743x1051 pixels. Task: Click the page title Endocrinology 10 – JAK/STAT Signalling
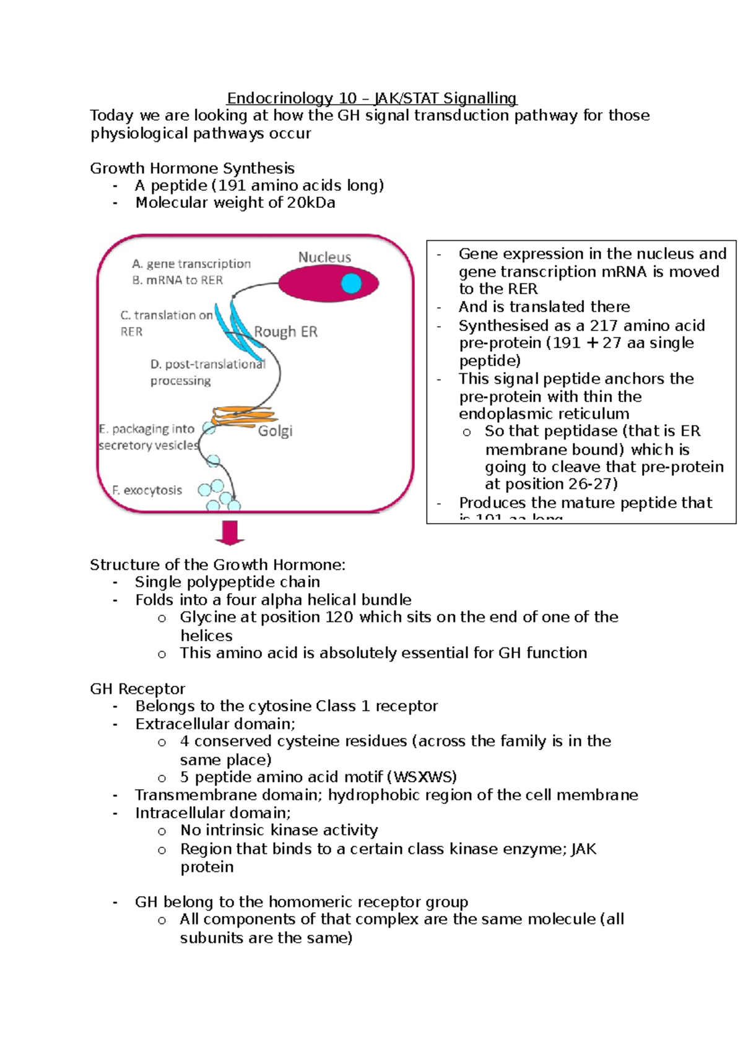point(371,98)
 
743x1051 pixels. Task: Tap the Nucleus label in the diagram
point(324,257)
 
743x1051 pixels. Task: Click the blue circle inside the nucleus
point(351,283)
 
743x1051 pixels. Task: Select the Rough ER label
point(285,332)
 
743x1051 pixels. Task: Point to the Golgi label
point(275,431)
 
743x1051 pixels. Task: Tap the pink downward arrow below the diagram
point(230,532)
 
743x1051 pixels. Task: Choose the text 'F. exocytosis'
point(147,490)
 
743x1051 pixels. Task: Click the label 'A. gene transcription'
point(191,264)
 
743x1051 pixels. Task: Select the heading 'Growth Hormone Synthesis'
point(192,168)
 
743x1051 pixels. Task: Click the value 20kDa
point(311,203)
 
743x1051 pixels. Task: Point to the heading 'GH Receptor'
point(137,689)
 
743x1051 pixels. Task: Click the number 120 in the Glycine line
point(338,617)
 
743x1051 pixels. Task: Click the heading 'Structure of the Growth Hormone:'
point(217,564)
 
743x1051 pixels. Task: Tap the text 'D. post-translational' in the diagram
point(208,365)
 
